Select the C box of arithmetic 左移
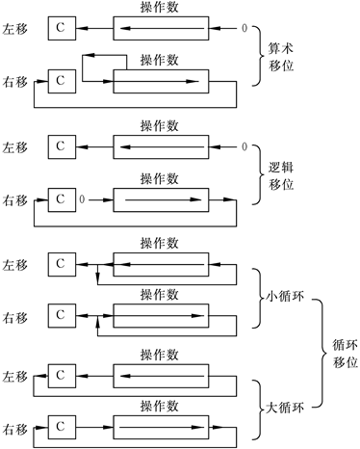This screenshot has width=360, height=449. pos(60,32)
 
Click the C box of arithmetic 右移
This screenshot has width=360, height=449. pos(60,79)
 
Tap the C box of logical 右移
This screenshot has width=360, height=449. pos(60,199)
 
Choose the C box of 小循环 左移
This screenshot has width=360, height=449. pos(60,262)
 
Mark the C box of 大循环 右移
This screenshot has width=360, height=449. pos(60,424)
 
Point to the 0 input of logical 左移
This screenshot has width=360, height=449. pos(244,146)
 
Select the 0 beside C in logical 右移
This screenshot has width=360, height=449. pos(84,200)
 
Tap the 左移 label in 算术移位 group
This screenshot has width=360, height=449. pos(17,32)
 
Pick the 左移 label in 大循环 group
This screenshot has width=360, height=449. pos(17,374)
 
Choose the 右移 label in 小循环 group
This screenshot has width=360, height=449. pos(17,315)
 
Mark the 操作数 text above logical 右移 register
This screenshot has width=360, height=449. pos(158,179)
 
